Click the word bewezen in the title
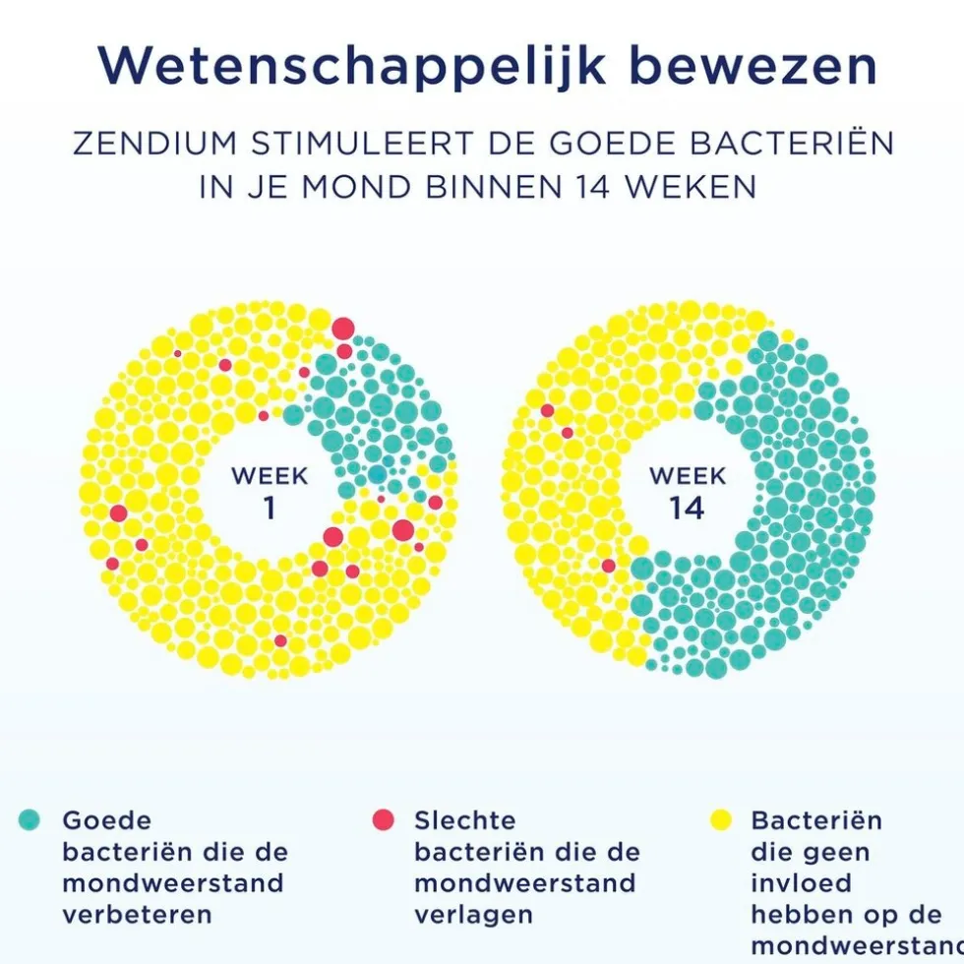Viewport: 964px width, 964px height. point(753,67)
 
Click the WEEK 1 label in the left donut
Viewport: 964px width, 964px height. point(270,492)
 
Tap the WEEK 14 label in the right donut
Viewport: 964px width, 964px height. point(688,492)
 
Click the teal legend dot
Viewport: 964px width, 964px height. point(30,819)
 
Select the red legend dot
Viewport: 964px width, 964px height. point(383,819)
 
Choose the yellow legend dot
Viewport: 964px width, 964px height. point(721,819)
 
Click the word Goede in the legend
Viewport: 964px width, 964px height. point(107,819)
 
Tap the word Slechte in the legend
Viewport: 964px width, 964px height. point(464,819)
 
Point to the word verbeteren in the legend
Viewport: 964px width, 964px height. point(137,914)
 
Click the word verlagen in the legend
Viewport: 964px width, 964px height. point(473,914)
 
